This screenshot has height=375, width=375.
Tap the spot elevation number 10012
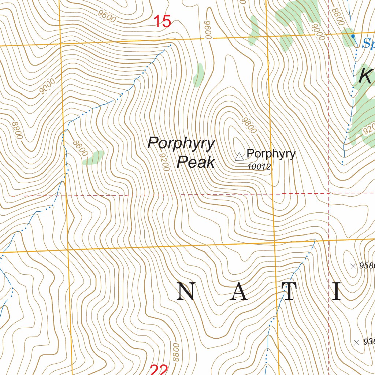click(259, 167)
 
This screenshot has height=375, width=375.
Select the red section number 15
click(162, 22)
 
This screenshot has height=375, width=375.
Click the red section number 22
click(159, 370)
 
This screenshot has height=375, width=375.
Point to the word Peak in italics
click(196, 161)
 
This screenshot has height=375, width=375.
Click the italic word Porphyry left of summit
click(181, 143)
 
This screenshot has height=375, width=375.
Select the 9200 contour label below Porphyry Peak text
click(165, 162)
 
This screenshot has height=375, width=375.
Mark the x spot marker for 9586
click(353, 266)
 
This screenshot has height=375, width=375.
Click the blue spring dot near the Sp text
click(353, 36)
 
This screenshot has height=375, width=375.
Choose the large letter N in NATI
click(186, 292)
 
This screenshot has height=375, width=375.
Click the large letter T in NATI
click(289, 292)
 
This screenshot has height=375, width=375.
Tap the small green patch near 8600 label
click(93, 157)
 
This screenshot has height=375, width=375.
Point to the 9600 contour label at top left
click(107, 16)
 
